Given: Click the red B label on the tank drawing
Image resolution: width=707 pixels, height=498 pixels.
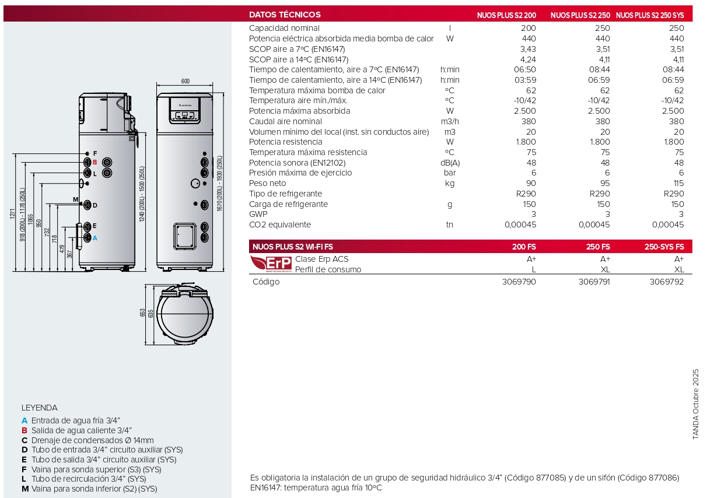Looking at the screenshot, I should click(94, 162).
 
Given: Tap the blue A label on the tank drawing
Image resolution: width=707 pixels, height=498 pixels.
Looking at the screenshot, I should click(94, 238).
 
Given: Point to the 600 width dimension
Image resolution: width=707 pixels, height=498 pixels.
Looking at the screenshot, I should click(185, 81).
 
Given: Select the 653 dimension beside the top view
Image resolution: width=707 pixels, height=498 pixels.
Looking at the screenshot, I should click(142, 313).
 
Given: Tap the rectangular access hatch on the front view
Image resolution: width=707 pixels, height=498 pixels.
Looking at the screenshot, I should click(183, 236).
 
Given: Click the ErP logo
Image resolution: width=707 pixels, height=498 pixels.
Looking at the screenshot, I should click(270, 264).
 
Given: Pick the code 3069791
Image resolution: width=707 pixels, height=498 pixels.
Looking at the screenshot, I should click(594, 282).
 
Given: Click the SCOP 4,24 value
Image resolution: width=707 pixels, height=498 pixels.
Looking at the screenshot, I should click(527, 59).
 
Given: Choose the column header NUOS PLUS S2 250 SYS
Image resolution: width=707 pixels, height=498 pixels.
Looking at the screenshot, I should click(650, 15).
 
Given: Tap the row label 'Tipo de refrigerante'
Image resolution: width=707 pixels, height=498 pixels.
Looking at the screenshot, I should click(285, 194).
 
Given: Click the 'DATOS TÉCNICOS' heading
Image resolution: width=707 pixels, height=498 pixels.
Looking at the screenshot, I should click(285, 15).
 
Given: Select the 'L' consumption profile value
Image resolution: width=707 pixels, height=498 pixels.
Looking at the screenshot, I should click(533, 269).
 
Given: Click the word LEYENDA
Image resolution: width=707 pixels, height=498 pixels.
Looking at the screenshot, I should click(40, 408).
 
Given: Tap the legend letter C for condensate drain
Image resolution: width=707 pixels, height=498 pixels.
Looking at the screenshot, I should click(24, 440).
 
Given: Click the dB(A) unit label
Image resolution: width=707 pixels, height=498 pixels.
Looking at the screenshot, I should click(450, 163).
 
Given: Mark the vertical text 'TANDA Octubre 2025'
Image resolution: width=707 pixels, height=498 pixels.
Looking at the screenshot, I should click(695, 404).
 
